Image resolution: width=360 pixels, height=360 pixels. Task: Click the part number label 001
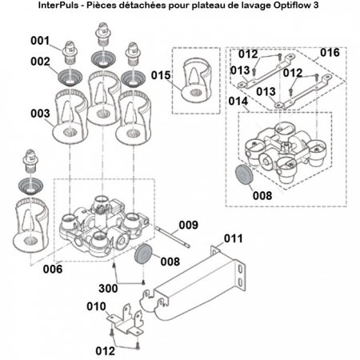coord(40,40)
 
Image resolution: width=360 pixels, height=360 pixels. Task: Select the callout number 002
coord(40,61)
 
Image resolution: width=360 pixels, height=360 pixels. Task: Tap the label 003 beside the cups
coord(40,114)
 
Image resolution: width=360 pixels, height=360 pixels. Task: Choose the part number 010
coord(97,306)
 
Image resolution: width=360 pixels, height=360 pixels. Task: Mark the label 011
coord(232,238)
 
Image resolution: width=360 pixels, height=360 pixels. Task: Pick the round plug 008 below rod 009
coord(144,254)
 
